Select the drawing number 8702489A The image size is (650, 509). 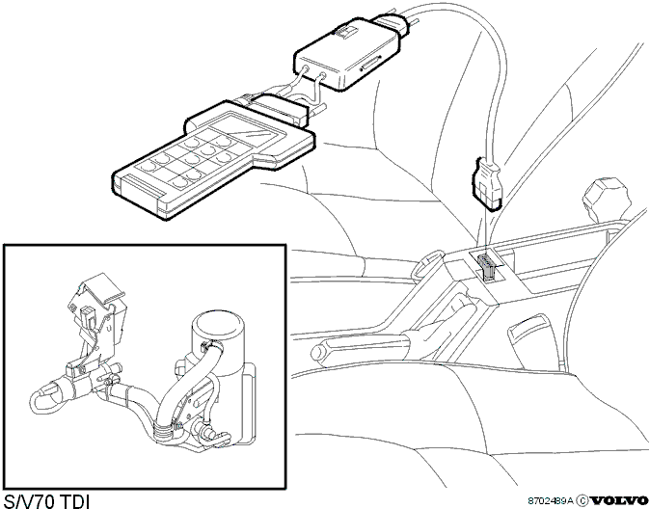[x=551, y=500]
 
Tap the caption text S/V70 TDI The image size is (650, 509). [x=46, y=501]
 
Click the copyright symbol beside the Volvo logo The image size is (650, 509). [x=582, y=500]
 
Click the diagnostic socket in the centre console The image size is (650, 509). [x=488, y=266]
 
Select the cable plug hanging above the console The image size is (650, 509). [x=488, y=183]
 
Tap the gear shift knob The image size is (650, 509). [x=606, y=200]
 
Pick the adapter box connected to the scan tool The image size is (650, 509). [x=347, y=55]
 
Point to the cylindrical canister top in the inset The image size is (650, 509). [x=219, y=325]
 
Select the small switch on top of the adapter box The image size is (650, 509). [x=345, y=33]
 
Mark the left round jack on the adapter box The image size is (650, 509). [x=306, y=67]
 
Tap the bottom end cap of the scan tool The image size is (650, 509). [x=141, y=196]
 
